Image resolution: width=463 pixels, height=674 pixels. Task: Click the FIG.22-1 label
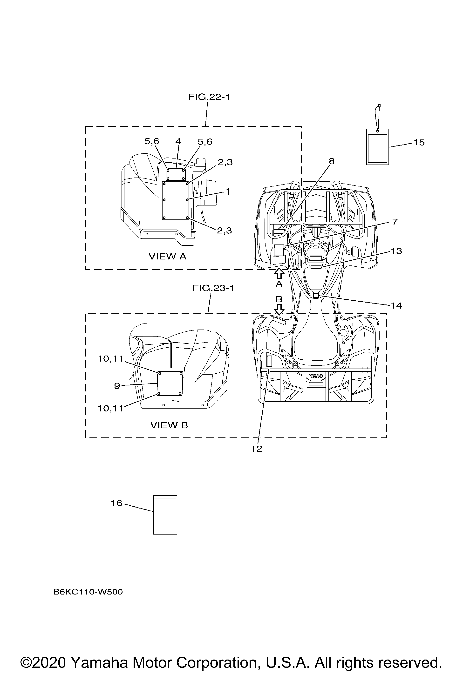point(209,97)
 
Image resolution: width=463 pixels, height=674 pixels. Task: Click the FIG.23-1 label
point(213,288)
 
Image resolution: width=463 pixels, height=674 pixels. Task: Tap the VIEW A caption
point(168,256)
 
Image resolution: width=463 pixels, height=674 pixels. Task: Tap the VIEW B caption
point(169,425)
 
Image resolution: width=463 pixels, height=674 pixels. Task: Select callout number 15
point(419,142)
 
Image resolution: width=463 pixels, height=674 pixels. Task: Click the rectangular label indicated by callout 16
point(165,515)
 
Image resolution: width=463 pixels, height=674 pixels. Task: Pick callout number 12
point(257,449)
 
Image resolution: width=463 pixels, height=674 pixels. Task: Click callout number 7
point(395,222)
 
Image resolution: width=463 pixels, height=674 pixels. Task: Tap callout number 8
point(332,161)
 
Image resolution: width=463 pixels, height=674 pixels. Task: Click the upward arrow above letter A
point(279,273)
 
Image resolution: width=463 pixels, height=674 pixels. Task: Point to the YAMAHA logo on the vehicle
point(316,376)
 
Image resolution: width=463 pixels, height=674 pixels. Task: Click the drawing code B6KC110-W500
point(88,592)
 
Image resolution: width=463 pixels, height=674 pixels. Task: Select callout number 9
point(117,386)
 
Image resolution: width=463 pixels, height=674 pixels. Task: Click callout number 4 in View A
point(178,141)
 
